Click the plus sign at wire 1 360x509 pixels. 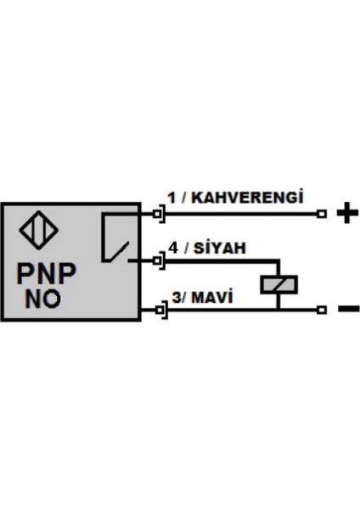click(344, 214)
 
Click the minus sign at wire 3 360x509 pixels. click(348, 309)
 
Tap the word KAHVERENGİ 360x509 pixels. click(249, 198)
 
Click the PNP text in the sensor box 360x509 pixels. click(47, 273)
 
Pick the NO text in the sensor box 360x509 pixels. click(42, 299)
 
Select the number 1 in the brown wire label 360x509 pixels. click(171, 198)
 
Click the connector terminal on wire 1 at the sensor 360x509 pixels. click(160, 214)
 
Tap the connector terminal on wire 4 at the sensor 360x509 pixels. click(160, 260)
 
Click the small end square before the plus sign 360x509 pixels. click(322, 214)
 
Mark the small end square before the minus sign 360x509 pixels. click(322, 310)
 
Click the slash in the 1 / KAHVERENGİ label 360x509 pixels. click(182, 198)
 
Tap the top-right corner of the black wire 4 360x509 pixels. click(275, 260)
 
